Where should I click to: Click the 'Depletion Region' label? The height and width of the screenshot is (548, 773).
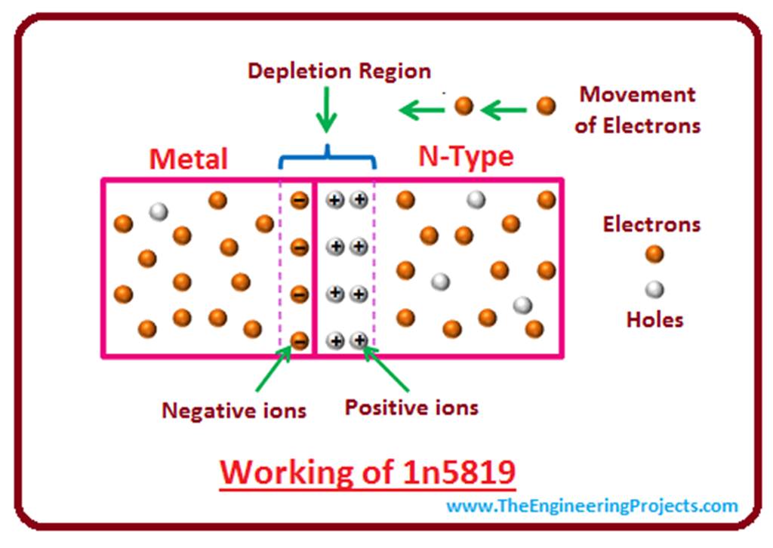[339, 71]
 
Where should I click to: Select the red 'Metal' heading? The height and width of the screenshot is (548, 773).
[188, 159]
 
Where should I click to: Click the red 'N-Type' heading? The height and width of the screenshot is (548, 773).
[466, 156]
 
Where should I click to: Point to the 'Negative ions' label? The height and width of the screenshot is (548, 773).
[234, 410]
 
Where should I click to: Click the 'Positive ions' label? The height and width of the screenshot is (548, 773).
[411, 408]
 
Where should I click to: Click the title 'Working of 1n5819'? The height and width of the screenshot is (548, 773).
[368, 473]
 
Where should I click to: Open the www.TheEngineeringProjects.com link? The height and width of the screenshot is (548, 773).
[592, 506]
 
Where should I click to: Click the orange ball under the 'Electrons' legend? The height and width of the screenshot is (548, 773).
[654, 254]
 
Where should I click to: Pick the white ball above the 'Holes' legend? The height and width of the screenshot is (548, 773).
[654, 288]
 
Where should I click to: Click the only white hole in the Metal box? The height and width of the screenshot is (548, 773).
[158, 211]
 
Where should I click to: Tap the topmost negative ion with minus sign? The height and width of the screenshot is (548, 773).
[300, 200]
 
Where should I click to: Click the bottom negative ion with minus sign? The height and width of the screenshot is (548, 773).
[300, 341]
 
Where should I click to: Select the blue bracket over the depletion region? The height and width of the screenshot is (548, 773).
[327, 156]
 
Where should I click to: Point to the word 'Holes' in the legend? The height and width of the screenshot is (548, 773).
[654, 319]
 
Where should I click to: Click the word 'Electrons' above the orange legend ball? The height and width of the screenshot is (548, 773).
[651, 224]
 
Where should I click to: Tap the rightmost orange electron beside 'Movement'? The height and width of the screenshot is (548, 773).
[546, 106]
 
